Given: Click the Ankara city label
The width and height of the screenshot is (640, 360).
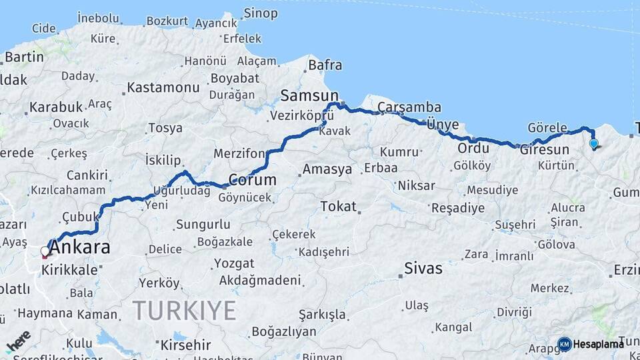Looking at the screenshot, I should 80,247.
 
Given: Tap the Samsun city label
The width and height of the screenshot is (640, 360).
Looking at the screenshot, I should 309,95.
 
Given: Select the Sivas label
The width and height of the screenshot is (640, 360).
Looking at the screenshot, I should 423,268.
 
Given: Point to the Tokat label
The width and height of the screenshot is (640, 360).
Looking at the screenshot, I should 339,207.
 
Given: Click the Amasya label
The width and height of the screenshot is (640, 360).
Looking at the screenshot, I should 327,169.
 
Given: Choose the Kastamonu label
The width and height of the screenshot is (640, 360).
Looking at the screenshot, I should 163,87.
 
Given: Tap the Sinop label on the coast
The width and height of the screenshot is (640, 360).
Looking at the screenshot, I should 261,13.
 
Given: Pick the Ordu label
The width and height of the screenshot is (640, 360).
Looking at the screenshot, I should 473,148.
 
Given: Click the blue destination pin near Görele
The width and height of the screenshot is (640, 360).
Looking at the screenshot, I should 593,143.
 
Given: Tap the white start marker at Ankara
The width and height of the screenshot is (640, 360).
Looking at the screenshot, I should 45,252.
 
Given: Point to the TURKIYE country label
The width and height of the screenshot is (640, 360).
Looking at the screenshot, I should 184,311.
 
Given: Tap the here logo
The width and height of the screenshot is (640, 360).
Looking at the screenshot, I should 19,341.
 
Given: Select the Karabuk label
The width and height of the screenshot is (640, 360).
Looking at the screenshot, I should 55,107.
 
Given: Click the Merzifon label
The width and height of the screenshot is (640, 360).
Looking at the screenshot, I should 239,153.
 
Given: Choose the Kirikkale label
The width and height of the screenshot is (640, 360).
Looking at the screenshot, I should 69,269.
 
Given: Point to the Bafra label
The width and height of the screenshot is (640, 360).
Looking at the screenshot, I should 325,65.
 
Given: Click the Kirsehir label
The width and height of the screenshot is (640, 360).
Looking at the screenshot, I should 185,345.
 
